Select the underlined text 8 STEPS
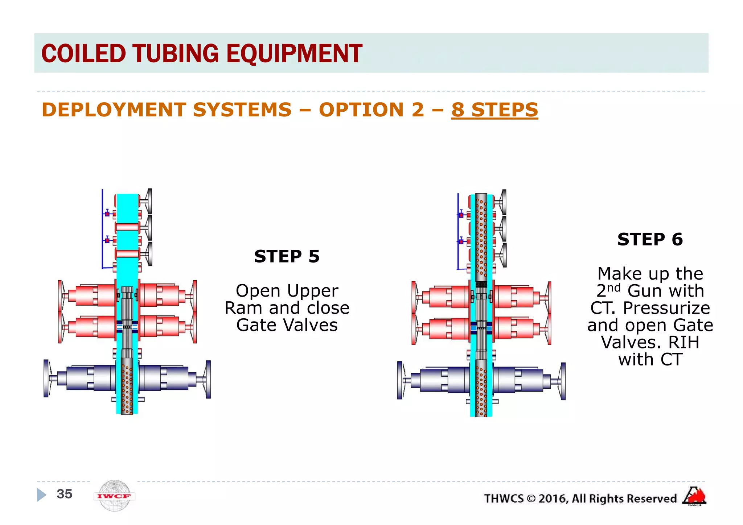click(x=494, y=110)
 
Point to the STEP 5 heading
click(x=287, y=257)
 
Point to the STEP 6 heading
click(x=650, y=240)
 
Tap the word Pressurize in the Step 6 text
click(x=666, y=308)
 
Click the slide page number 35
click(x=65, y=494)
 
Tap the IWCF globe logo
click(x=114, y=496)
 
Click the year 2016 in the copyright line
click(x=553, y=499)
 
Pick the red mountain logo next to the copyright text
click(x=694, y=496)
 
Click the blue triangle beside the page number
click(x=41, y=495)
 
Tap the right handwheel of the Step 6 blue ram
click(x=563, y=381)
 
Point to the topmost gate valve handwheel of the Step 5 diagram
click(x=149, y=201)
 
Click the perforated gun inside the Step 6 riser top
click(x=481, y=236)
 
